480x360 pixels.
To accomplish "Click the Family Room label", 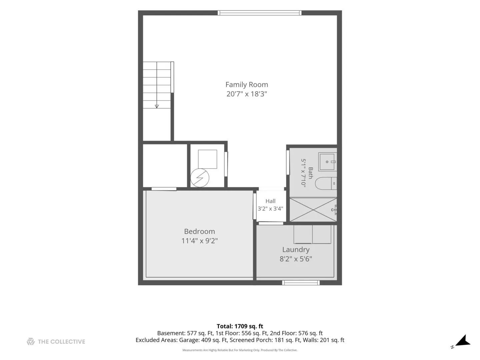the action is tap(246, 85).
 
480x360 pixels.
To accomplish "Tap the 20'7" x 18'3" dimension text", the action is tap(246, 94).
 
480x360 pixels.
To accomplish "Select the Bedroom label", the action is tap(199, 231).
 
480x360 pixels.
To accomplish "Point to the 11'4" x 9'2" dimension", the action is tap(199, 241).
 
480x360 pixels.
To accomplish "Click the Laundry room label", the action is tap(296, 250).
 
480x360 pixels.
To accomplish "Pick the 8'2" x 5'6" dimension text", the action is tap(296, 259).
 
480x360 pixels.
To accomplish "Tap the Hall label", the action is tap(270, 201).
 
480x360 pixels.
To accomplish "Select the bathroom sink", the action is tap(327, 162).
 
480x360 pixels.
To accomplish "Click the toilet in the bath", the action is tap(326, 183).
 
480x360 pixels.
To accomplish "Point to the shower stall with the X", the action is tap(313, 210).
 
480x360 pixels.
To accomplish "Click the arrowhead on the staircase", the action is tap(157, 106).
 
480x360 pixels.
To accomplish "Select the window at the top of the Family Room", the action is tap(259, 13).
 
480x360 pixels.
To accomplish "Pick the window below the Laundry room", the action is tap(301, 283).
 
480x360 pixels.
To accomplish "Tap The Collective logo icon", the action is tap(31, 342).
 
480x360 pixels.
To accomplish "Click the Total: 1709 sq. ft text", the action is tap(240, 326).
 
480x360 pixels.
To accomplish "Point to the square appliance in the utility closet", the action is tap(207, 159).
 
